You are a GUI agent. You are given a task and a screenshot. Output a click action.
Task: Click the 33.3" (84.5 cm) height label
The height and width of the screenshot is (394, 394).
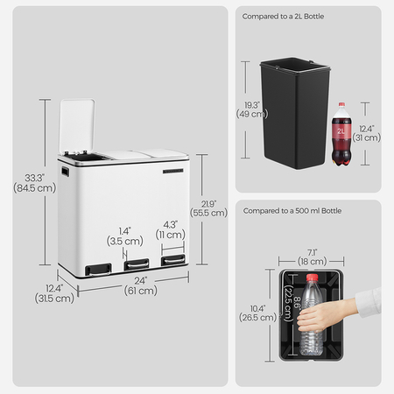click(x=34, y=183)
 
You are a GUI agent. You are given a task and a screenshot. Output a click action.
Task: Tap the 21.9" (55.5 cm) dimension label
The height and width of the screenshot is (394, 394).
click(x=208, y=208)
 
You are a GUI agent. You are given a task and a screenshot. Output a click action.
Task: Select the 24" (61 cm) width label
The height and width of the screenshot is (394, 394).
click(x=141, y=285)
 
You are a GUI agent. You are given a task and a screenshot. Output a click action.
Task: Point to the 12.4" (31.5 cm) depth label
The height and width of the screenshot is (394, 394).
click(x=54, y=293)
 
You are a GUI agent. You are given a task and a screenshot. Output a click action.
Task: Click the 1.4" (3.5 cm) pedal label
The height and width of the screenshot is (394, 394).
click(x=125, y=236)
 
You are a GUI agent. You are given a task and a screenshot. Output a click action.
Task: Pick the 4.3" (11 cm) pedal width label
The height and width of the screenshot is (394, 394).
click(x=171, y=230)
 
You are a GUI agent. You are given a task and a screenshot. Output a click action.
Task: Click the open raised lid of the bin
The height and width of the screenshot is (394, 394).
click(x=77, y=125)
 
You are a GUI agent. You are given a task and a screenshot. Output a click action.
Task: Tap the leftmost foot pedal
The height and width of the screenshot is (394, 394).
click(x=98, y=270)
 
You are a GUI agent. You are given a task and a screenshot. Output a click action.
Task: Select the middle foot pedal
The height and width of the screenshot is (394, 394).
click(x=137, y=264)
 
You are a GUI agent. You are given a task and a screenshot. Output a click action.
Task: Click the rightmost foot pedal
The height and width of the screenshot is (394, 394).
click(x=173, y=259)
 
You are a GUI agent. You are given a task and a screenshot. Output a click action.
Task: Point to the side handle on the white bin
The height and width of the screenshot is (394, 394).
click(x=65, y=172)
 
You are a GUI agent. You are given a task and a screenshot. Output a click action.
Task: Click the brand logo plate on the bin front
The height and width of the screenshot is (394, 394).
click(x=173, y=171)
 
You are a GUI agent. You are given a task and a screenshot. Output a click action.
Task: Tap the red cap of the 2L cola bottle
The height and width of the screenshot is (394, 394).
click(x=341, y=105)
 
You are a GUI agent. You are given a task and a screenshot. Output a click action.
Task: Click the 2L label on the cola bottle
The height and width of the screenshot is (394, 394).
click(x=341, y=131)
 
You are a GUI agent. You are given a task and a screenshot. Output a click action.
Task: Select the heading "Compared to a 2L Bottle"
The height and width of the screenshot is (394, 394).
click(x=283, y=17)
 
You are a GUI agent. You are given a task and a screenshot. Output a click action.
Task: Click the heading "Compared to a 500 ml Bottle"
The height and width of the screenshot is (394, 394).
click(x=292, y=211)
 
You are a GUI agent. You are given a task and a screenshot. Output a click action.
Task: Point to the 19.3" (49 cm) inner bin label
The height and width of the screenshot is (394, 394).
click(x=252, y=109)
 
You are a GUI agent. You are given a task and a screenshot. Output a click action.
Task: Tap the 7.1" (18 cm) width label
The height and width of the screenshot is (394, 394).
click(x=312, y=257)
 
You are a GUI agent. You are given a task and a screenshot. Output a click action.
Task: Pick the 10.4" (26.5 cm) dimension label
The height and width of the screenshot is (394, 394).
click(x=257, y=313)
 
